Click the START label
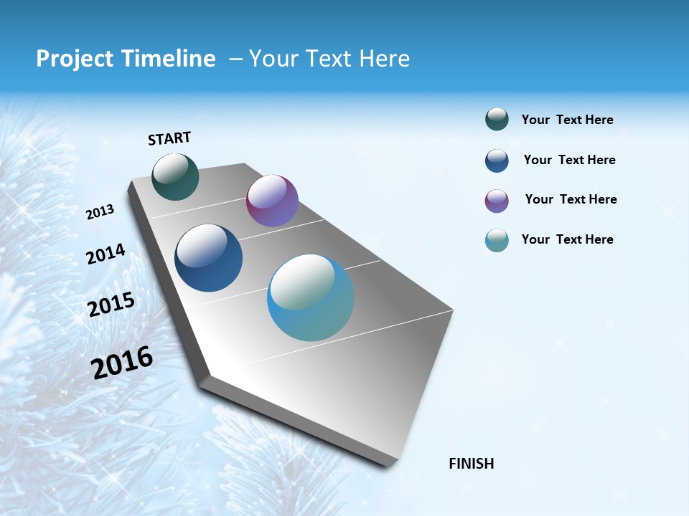click(169, 138)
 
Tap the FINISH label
click(471, 464)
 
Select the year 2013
click(100, 212)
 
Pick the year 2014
click(106, 254)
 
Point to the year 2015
click(111, 305)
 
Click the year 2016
click(122, 363)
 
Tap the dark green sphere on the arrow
click(175, 176)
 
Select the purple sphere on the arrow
click(272, 201)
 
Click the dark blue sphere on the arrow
click(209, 258)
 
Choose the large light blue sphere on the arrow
click(311, 297)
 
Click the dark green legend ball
click(497, 120)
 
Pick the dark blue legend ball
click(497, 161)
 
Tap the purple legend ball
click(497, 201)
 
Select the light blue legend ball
click(497, 240)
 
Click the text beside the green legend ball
click(567, 120)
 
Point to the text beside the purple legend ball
click(571, 199)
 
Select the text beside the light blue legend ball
click(567, 239)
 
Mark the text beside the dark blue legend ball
click(569, 160)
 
